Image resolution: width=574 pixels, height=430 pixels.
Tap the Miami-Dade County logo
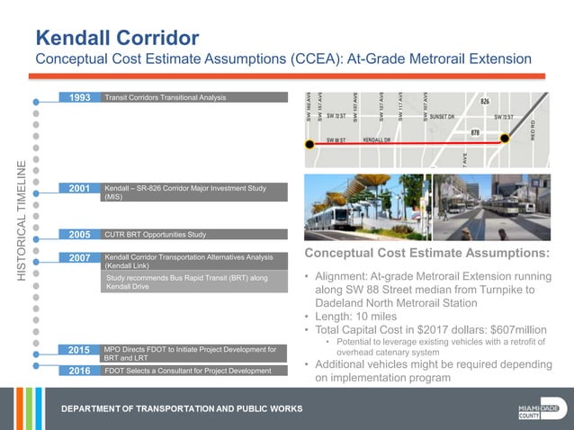(x=543, y=409)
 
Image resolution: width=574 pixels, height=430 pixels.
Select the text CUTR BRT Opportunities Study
(x=155, y=235)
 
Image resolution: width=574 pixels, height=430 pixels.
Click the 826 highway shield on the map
(x=484, y=103)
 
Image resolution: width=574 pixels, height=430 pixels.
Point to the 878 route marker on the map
(x=476, y=132)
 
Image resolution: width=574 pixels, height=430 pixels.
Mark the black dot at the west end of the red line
(x=309, y=143)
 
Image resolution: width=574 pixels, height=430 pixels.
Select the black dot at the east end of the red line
(x=506, y=139)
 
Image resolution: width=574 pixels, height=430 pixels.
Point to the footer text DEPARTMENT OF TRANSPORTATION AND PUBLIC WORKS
(x=182, y=409)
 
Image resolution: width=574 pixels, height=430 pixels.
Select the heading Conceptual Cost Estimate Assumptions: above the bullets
(x=426, y=253)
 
